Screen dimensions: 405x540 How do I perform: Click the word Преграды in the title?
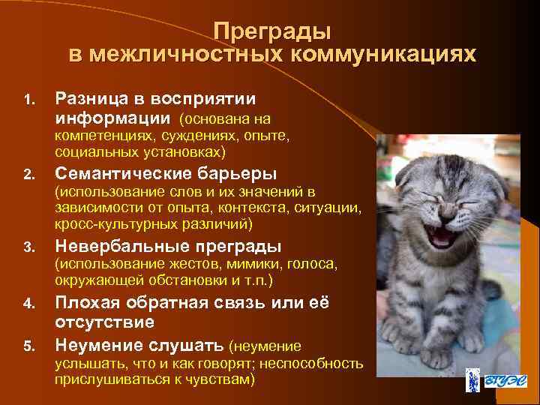click(271, 31)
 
